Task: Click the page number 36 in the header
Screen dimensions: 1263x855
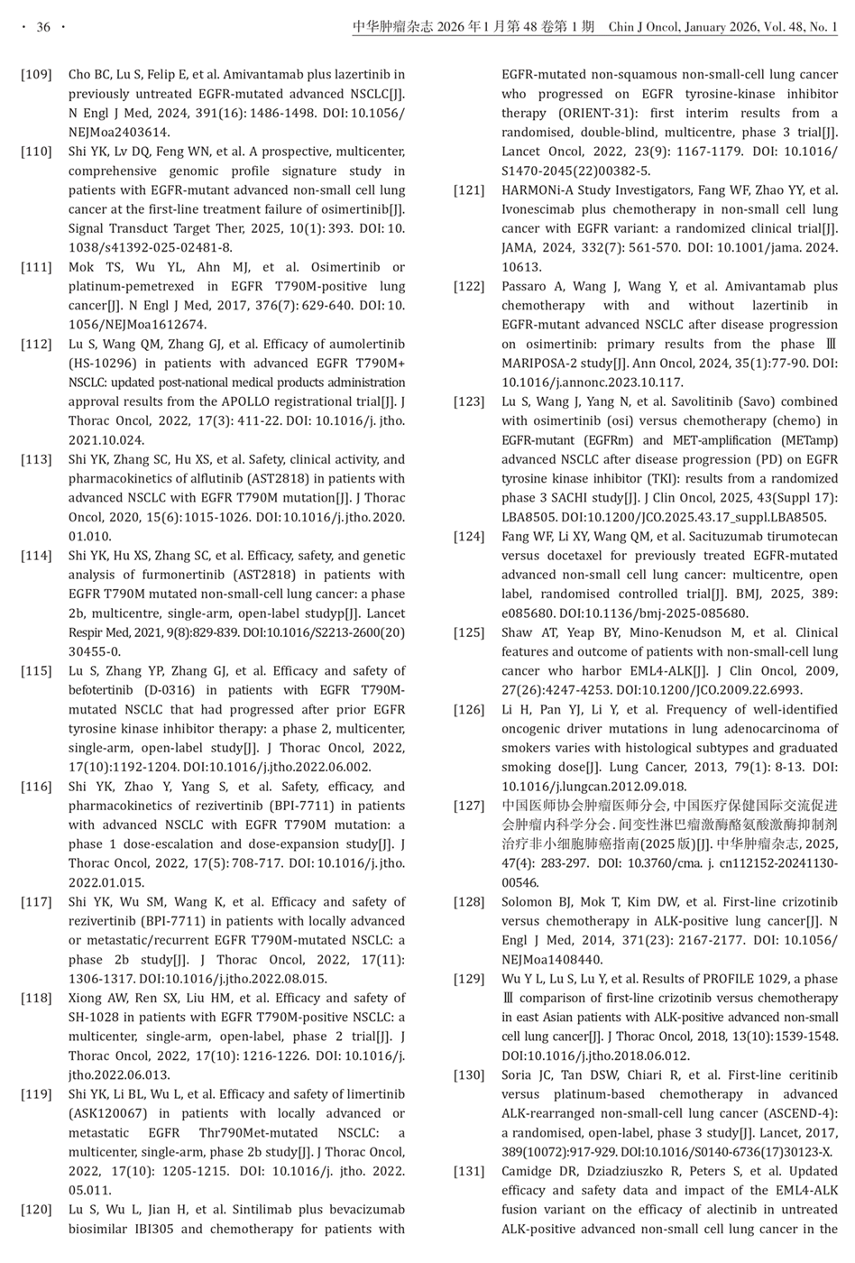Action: [x=42, y=28]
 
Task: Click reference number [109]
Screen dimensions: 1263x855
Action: [x=36, y=74]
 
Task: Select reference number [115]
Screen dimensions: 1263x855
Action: [x=36, y=671]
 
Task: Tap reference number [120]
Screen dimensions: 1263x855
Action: [x=36, y=1210]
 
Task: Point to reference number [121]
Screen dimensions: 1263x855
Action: [x=469, y=190]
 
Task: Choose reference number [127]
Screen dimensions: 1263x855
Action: [x=469, y=806]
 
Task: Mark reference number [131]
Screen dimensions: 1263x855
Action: [x=469, y=1171]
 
